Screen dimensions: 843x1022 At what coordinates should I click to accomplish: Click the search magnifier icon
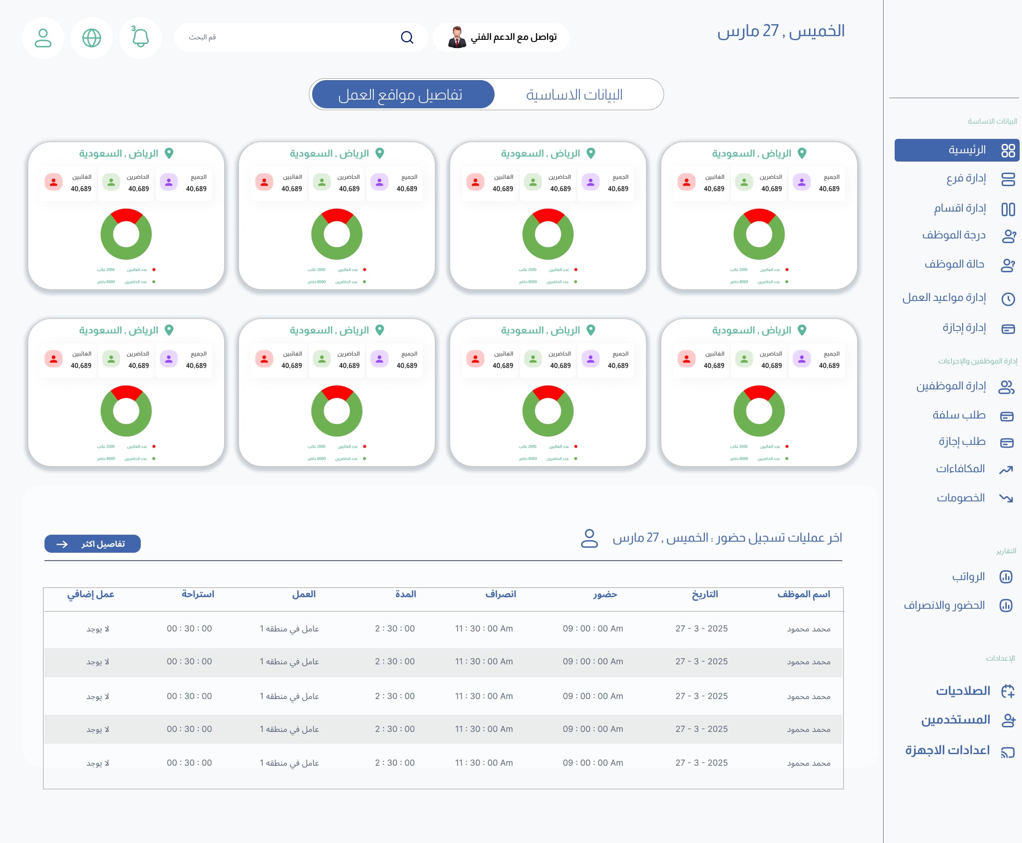(x=407, y=37)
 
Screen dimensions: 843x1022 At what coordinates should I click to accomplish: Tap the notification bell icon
(x=140, y=37)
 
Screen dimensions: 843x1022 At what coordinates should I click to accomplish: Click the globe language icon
(x=91, y=37)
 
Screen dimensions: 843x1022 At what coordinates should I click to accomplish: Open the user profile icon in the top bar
(x=43, y=37)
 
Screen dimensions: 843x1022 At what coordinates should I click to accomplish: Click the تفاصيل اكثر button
(x=92, y=544)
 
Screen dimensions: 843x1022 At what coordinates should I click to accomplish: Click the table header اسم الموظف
(x=803, y=594)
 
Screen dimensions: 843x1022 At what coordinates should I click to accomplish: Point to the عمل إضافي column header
(x=91, y=594)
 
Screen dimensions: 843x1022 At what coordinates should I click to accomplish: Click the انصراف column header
(x=500, y=594)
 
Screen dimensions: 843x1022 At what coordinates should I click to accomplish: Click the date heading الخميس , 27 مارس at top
(x=781, y=31)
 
